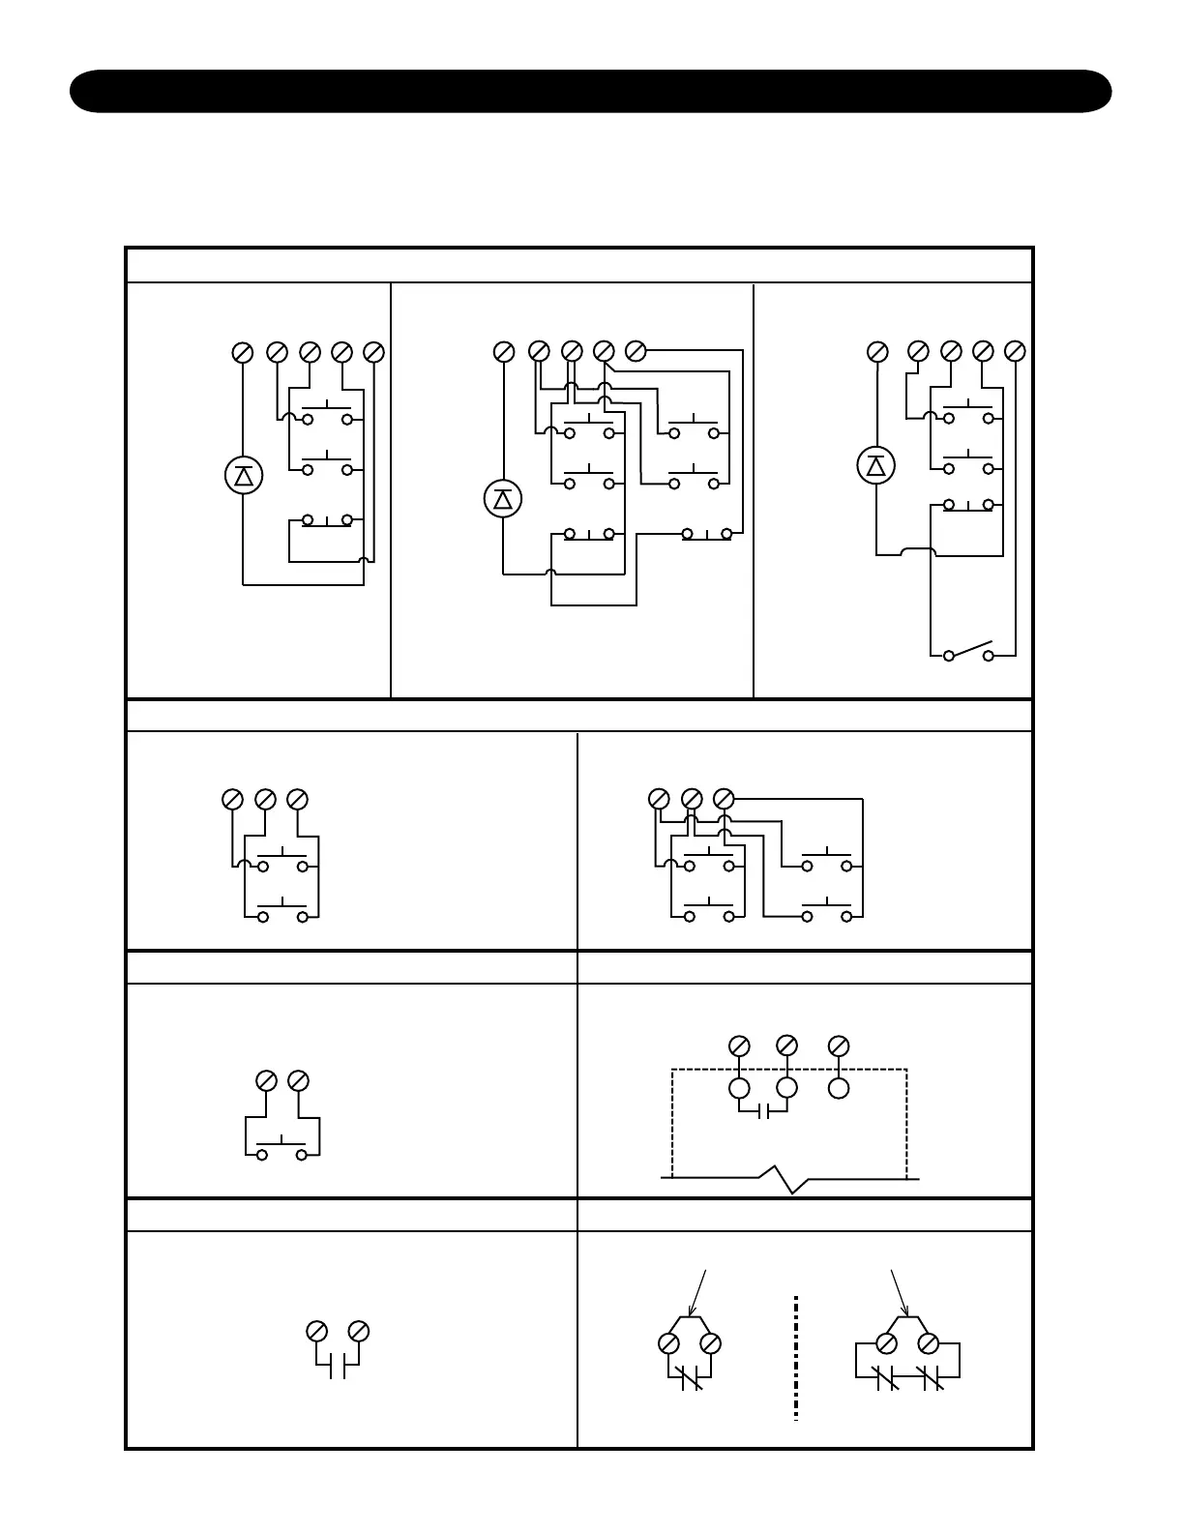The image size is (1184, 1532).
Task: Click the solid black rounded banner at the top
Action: tap(590, 91)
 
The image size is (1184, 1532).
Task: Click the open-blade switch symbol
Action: tap(968, 650)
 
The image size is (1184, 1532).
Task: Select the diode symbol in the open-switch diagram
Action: tap(876, 466)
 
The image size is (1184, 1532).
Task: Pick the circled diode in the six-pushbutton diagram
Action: tap(503, 499)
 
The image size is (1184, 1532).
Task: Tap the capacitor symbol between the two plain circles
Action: tap(763, 1111)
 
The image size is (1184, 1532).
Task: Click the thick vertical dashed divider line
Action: tap(795, 1358)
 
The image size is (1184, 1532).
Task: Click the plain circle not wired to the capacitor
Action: tap(839, 1088)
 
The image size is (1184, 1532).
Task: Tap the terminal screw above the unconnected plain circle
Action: tap(839, 1046)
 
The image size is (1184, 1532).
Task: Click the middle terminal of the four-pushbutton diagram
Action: tap(692, 799)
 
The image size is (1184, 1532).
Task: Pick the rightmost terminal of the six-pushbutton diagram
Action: tap(636, 351)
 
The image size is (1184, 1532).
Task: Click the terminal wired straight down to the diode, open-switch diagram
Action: tap(877, 351)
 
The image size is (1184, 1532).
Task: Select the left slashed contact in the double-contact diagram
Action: tap(886, 1378)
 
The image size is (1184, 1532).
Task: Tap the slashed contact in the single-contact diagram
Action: tap(691, 1378)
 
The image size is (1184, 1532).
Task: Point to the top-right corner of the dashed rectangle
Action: tap(906, 1070)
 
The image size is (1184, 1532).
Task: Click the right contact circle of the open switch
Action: tap(989, 656)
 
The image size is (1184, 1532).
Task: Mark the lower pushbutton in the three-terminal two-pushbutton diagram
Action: tap(281, 910)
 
